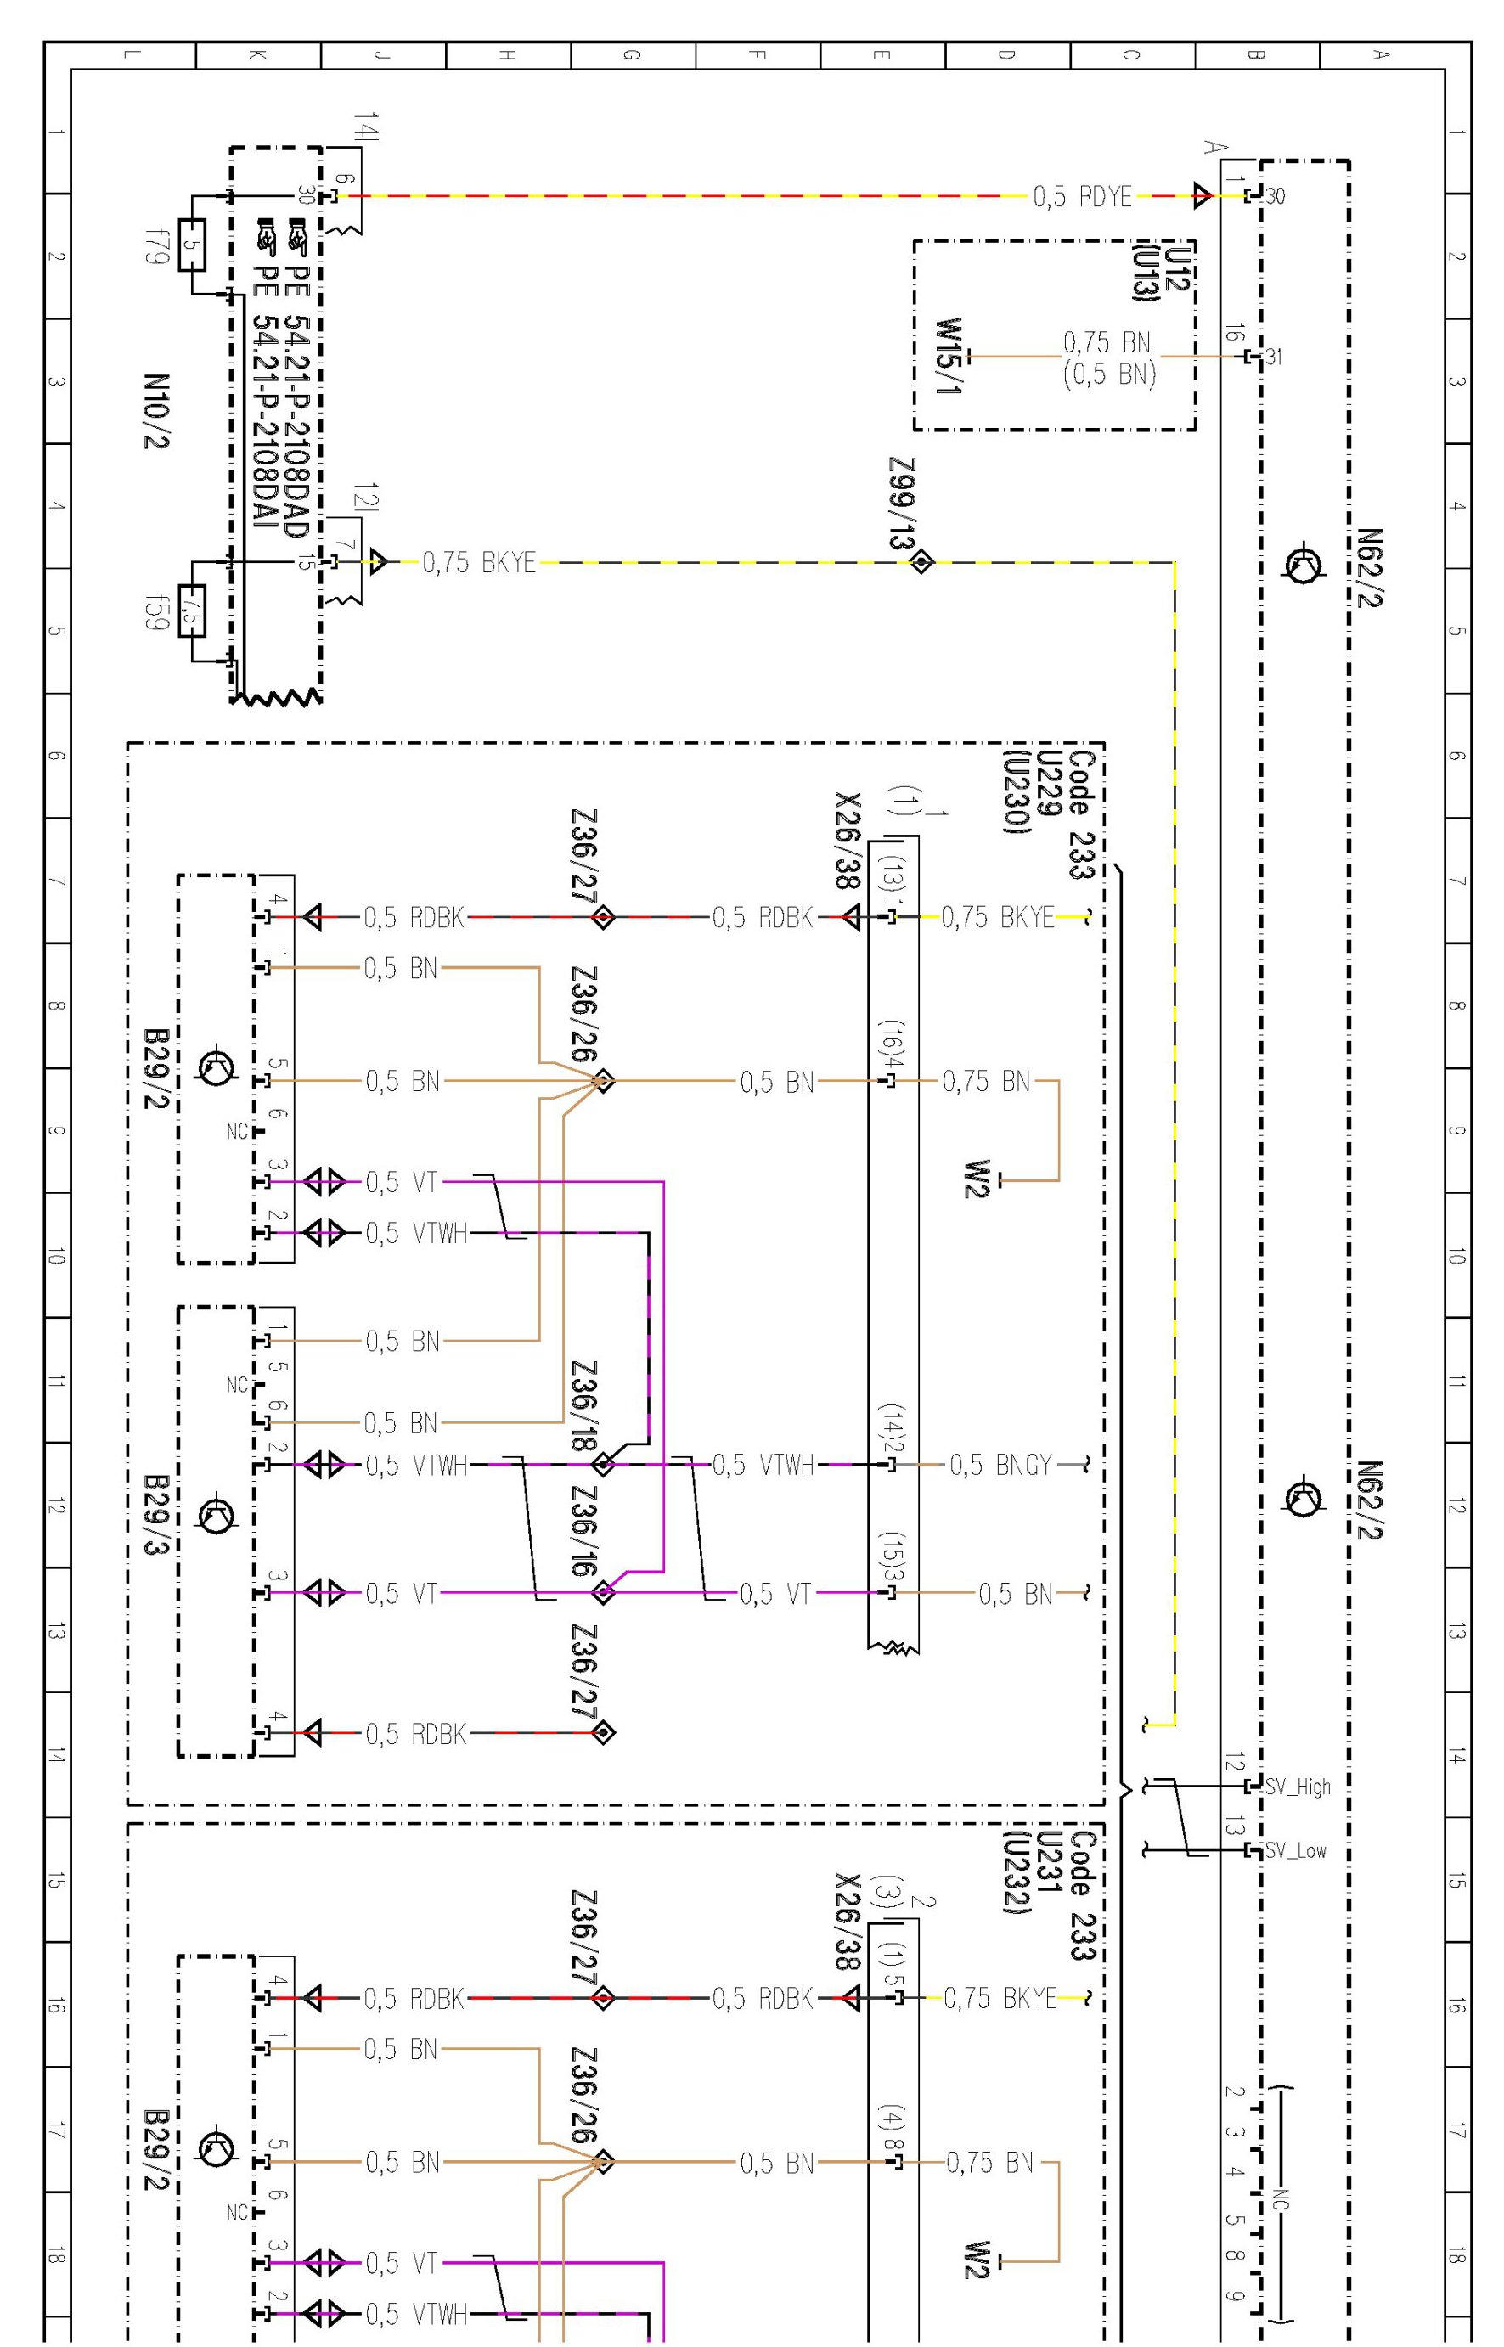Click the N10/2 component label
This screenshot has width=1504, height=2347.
click(x=156, y=411)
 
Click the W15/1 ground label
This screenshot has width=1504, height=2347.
click(x=949, y=357)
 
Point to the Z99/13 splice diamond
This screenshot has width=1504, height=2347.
click(x=921, y=562)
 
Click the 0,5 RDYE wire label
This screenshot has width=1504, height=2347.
click(x=1082, y=197)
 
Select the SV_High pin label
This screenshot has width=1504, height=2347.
click(x=1298, y=1787)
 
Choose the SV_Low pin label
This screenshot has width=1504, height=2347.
click(x=1296, y=1850)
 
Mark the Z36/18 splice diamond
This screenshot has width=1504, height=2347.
click(x=604, y=1465)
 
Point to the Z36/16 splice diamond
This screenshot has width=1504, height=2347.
click(x=604, y=1592)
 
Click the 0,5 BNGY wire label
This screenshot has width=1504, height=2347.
click(x=1001, y=1466)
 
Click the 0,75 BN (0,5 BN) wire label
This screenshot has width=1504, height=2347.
click(x=1108, y=357)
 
